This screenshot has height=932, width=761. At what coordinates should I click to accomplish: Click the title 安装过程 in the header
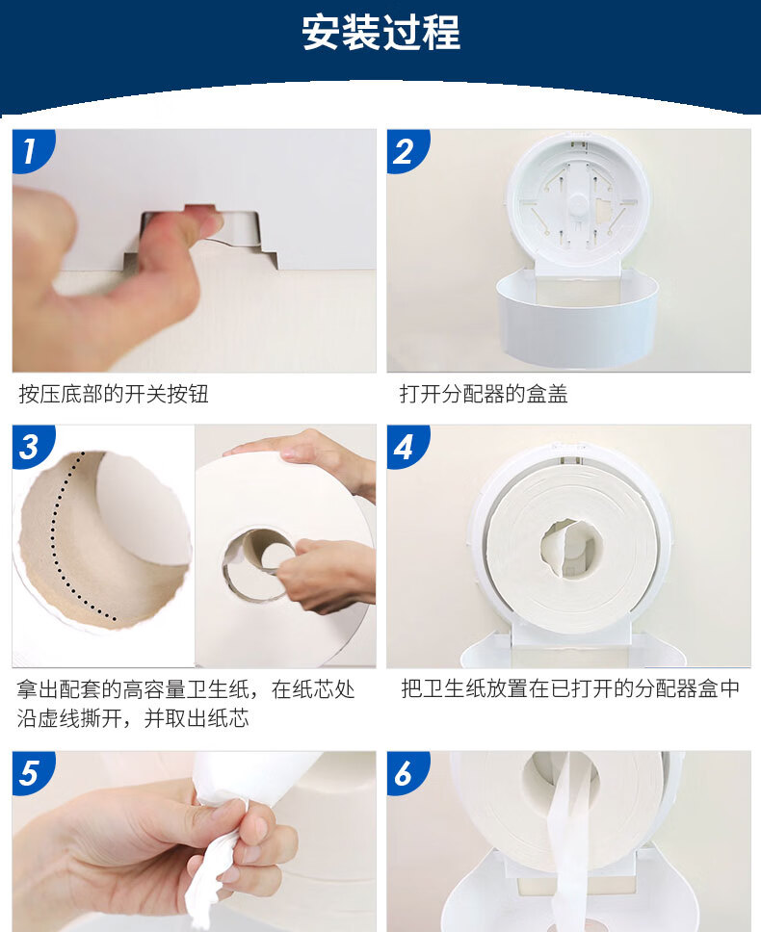pyautogui.click(x=380, y=33)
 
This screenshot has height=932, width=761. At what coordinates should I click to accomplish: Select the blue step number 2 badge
pyautogui.click(x=407, y=151)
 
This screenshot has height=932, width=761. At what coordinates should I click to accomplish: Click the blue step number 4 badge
pyautogui.click(x=407, y=447)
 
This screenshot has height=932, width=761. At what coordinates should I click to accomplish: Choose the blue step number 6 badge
pyautogui.click(x=407, y=773)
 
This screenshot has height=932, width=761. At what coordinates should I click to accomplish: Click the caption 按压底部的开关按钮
pyautogui.click(x=114, y=394)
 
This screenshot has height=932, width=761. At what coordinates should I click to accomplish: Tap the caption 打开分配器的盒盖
pyautogui.click(x=484, y=394)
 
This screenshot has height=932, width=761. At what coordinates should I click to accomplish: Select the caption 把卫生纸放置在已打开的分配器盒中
pyautogui.click(x=570, y=688)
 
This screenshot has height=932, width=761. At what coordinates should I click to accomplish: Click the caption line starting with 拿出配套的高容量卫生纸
pyautogui.click(x=186, y=689)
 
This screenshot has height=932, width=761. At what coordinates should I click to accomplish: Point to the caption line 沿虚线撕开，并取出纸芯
pyautogui.click(x=133, y=718)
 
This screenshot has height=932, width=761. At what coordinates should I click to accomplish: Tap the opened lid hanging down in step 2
pyautogui.click(x=577, y=314)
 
